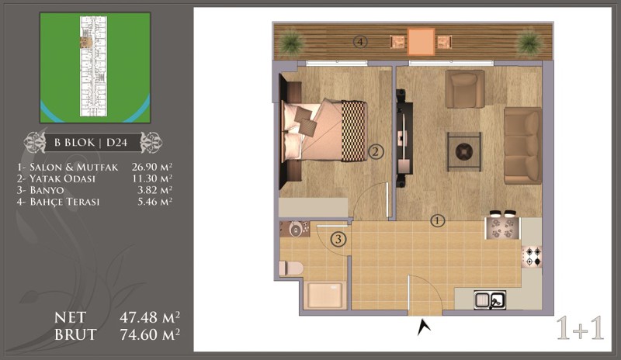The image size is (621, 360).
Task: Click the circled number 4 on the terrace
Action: tap(360, 42)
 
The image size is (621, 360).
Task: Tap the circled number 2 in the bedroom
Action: tap(376, 151)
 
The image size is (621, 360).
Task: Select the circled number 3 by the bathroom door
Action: tap(338, 239)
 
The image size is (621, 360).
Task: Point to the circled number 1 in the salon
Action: tap(438, 221)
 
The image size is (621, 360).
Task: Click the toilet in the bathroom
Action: tap(291, 268)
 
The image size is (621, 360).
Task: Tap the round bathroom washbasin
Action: tap(295, 229)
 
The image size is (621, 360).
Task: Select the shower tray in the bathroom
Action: tap(324, 295)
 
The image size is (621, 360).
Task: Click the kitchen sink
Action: tap(490, 299)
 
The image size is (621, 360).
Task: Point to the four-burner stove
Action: tap(532, 256)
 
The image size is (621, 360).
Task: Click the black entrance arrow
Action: tap(424, 327)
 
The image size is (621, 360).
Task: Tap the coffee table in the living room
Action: tap(464, 152)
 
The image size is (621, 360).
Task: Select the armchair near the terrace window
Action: tap(464, 88)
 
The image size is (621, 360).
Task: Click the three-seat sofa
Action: tap(522, 145)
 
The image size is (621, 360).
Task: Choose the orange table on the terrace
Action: tap(421, 41)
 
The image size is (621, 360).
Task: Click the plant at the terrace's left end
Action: tap(292, 41)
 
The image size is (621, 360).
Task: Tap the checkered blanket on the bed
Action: tap(353, 131)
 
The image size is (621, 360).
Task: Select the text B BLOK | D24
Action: tap(91, 143)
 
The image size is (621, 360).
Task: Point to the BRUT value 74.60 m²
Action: tap(150, 334)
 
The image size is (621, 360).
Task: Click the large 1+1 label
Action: tap(580, 328)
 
